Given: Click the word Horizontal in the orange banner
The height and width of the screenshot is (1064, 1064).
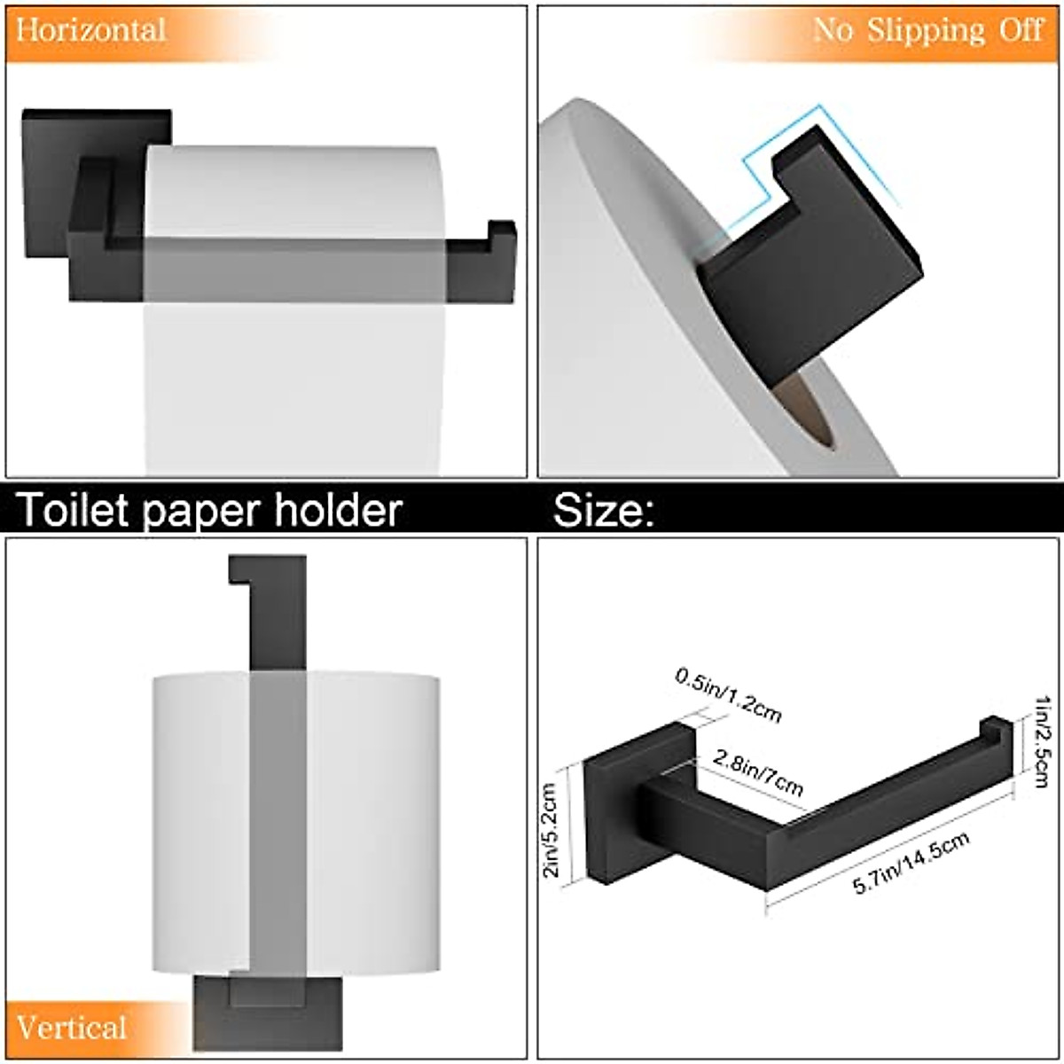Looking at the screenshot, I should click(x=90, y=30).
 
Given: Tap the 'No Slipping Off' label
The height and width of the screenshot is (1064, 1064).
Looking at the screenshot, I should click(x=927, y=30).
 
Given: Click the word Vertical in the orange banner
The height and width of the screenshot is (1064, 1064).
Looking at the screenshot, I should click(x=72, y=1028).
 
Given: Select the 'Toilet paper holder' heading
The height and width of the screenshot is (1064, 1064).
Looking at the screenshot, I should click(x=209, y=510).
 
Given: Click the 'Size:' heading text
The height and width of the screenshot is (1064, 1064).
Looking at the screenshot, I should click(x=604, y=511).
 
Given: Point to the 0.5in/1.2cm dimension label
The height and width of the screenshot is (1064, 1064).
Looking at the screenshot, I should click(x=729, y=695).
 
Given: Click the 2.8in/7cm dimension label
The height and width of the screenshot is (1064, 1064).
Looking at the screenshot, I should click(x=758, y=772).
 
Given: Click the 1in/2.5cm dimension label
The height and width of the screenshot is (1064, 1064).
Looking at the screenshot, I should click(x=1041, y=741).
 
